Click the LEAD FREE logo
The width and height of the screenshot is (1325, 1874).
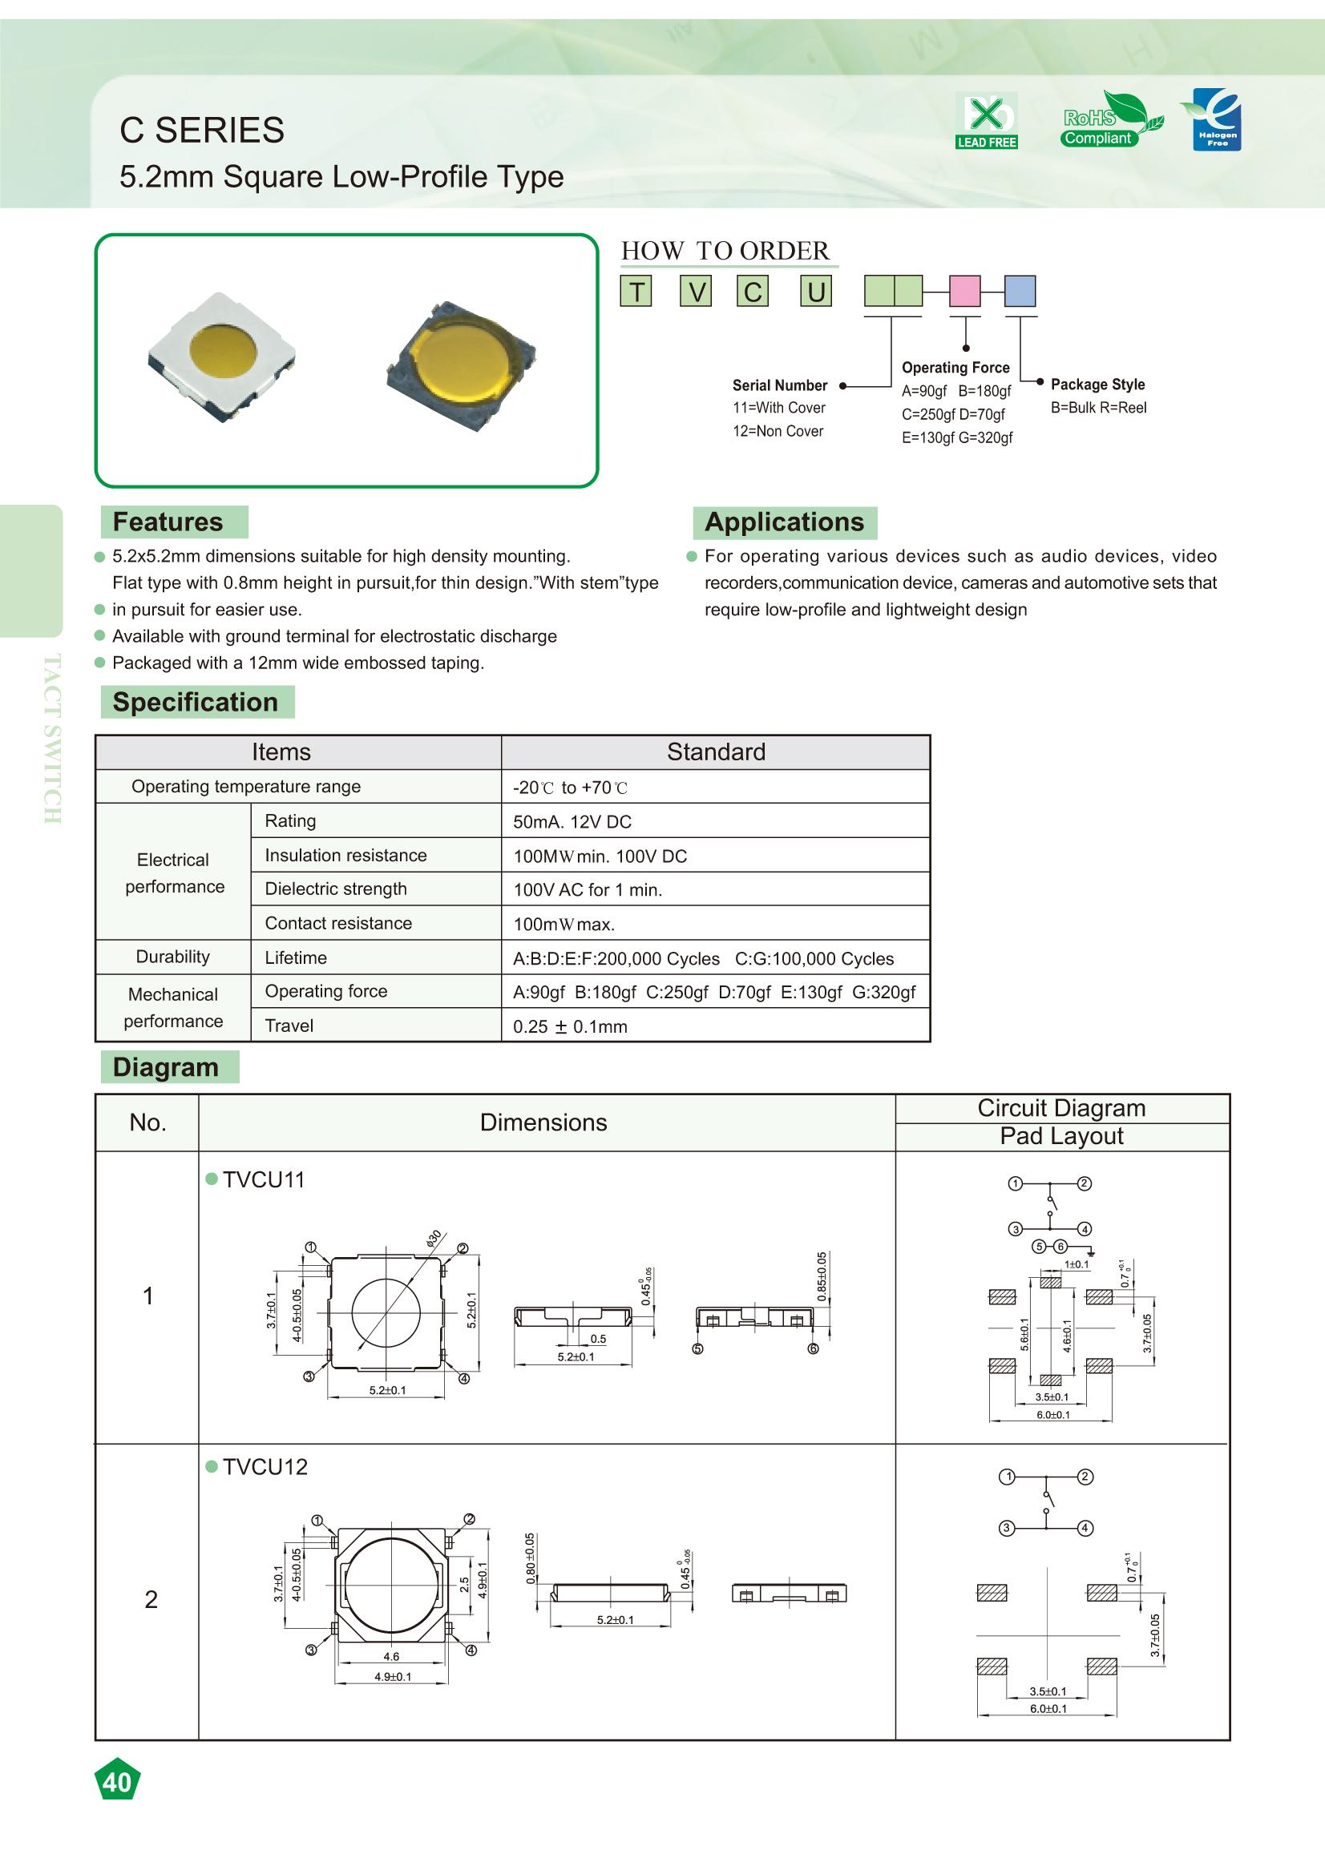point(986,121)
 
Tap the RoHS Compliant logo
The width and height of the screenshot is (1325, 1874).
point(1111,121)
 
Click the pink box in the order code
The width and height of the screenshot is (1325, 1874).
point(964,291)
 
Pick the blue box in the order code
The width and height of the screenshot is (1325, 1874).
point(1019,291)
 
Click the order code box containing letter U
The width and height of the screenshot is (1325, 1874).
point(815,292)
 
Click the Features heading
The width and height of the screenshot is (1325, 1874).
point(168,522)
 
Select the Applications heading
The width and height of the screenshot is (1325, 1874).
point(784,522)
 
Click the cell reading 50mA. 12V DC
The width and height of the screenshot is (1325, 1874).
point(572,822)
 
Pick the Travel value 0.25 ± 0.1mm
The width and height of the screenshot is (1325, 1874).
point(570,1027)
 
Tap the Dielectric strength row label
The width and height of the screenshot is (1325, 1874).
point(336,889)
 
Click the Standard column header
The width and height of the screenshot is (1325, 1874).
point(716,752)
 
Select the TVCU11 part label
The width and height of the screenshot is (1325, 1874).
point(264,1179)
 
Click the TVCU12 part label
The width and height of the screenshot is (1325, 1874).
point(265,1467)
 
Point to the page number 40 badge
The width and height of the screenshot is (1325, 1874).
point(118,1783)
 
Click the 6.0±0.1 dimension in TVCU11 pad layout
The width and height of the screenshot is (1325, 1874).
point(1052,1414)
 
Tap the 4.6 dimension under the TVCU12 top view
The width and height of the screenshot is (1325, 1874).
point(391,1656)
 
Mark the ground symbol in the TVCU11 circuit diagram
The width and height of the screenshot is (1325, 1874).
point(1091,1251)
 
